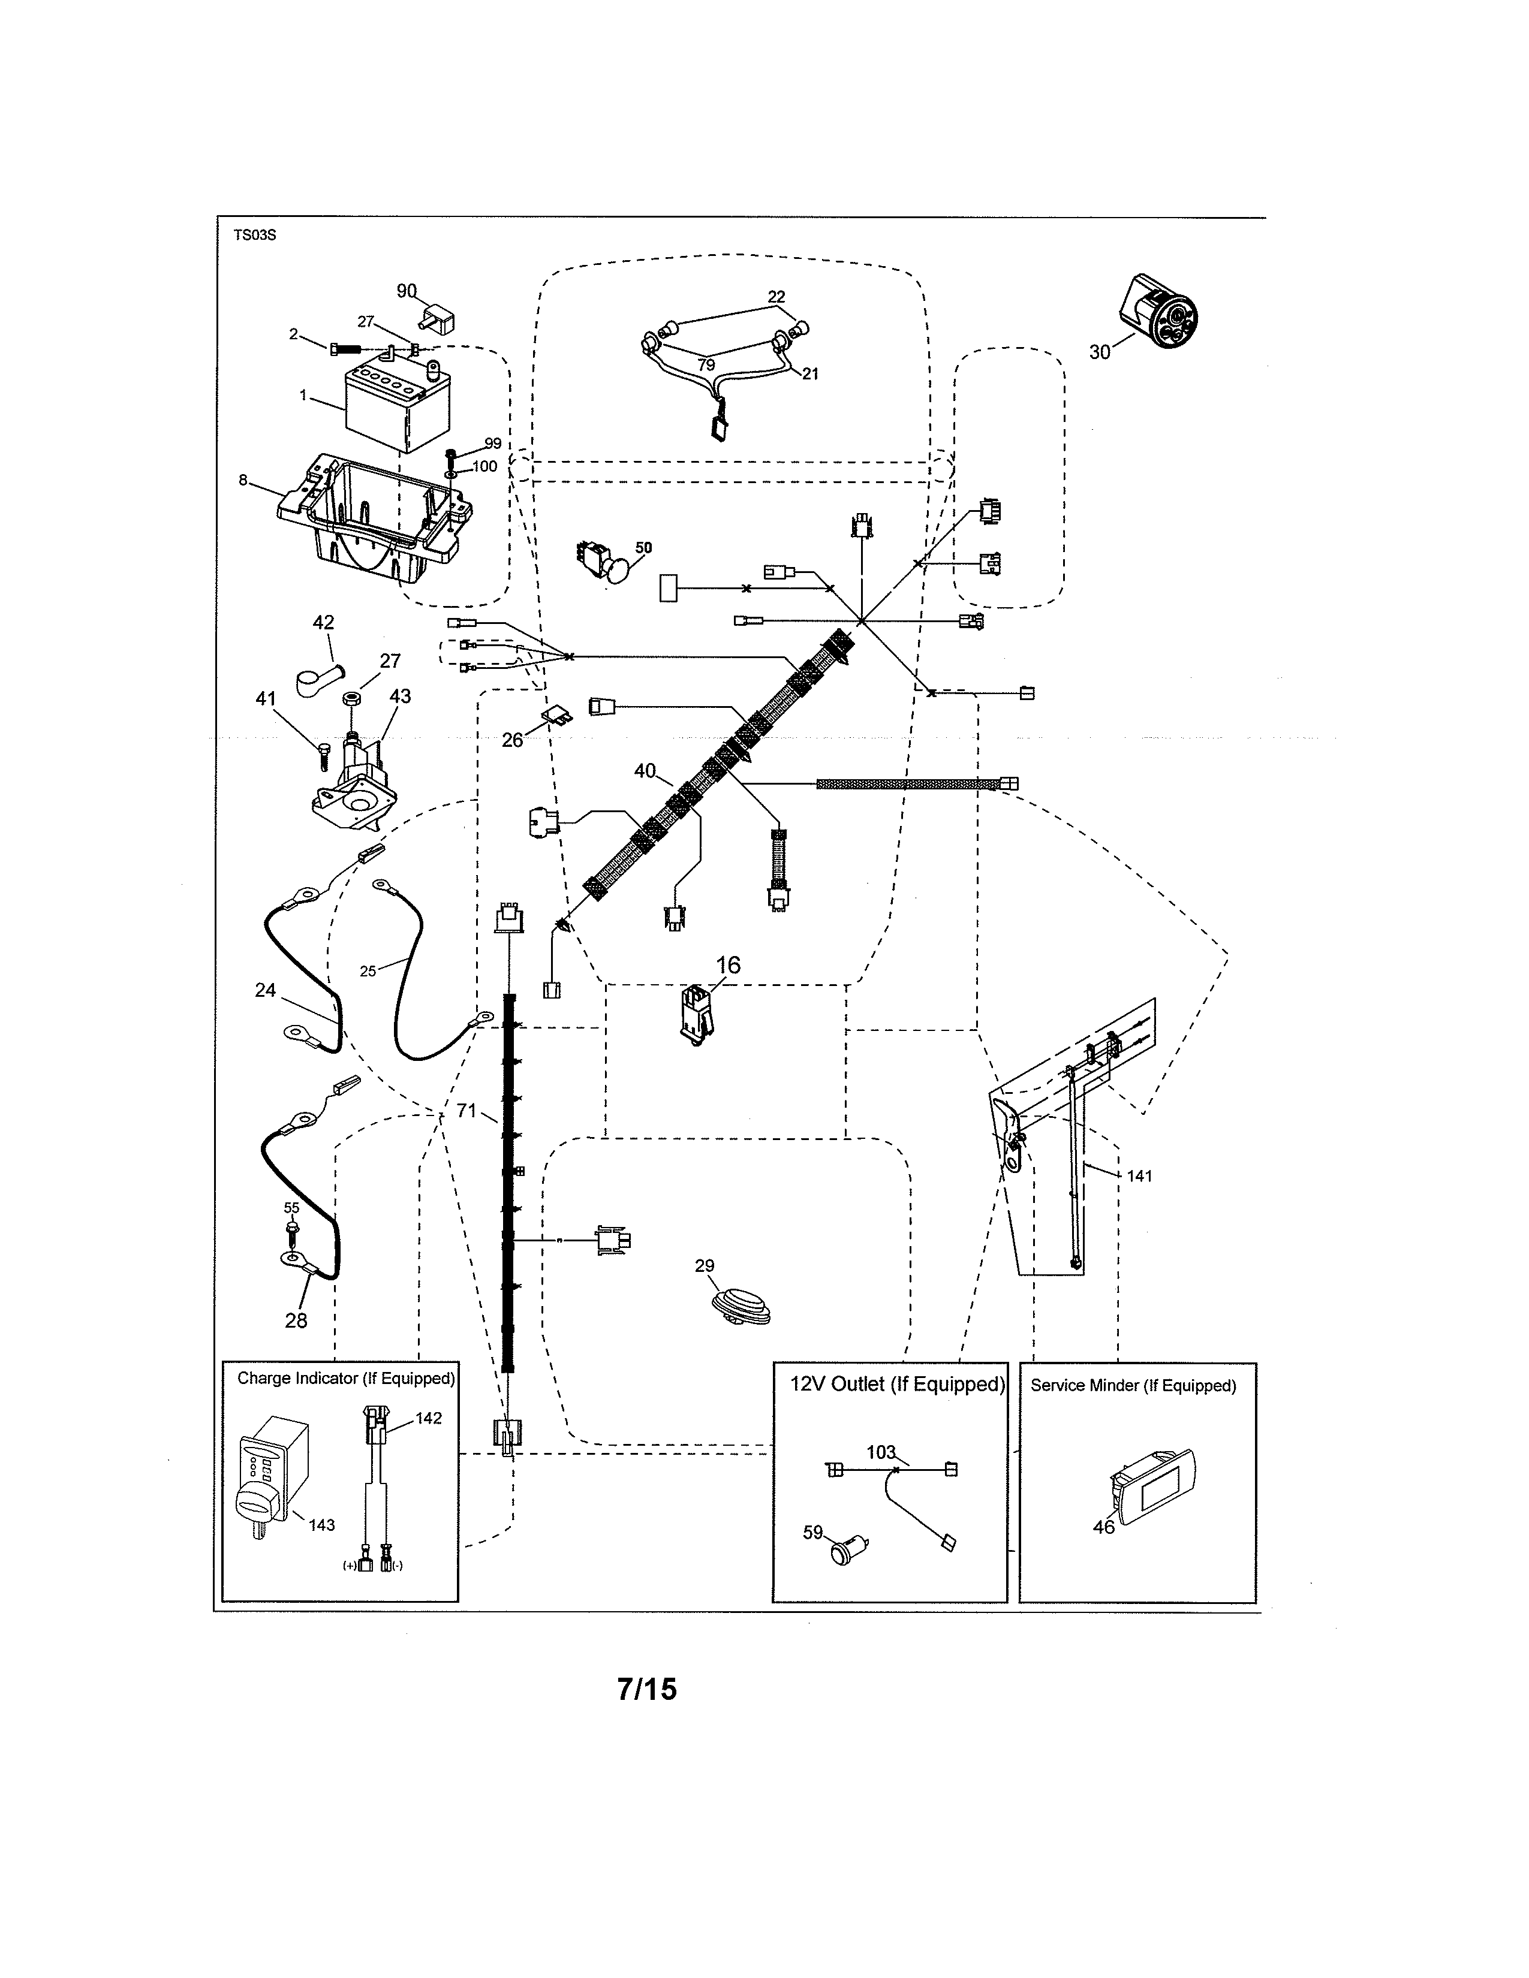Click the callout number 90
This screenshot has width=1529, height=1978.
click(x=406, y=291)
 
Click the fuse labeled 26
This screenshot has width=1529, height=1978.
click(x=556, y=717)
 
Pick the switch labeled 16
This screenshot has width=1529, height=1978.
click(x=696, y=1014)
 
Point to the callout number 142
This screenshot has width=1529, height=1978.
click(x=429, y=1418)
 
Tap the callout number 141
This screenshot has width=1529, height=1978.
click(x=1139, y=1175)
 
